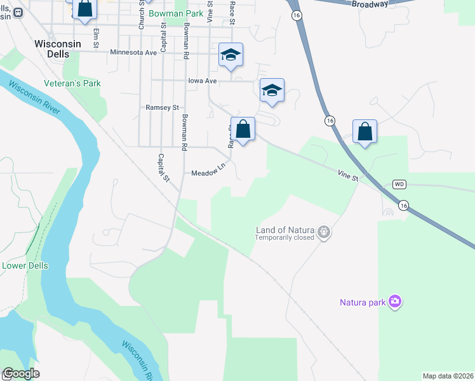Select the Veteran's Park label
(72, 83)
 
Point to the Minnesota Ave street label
(133, 53)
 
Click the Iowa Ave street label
(203, 81)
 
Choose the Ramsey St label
(163, 108)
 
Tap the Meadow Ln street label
(209, 171)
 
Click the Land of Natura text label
(285, 229)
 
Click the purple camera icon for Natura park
(395, 302)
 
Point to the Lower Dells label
(25, 265)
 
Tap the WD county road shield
(399, 184)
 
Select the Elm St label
(97, 37)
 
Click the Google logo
(21, 373)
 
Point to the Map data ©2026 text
(448, 376)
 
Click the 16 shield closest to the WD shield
(403, 205)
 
